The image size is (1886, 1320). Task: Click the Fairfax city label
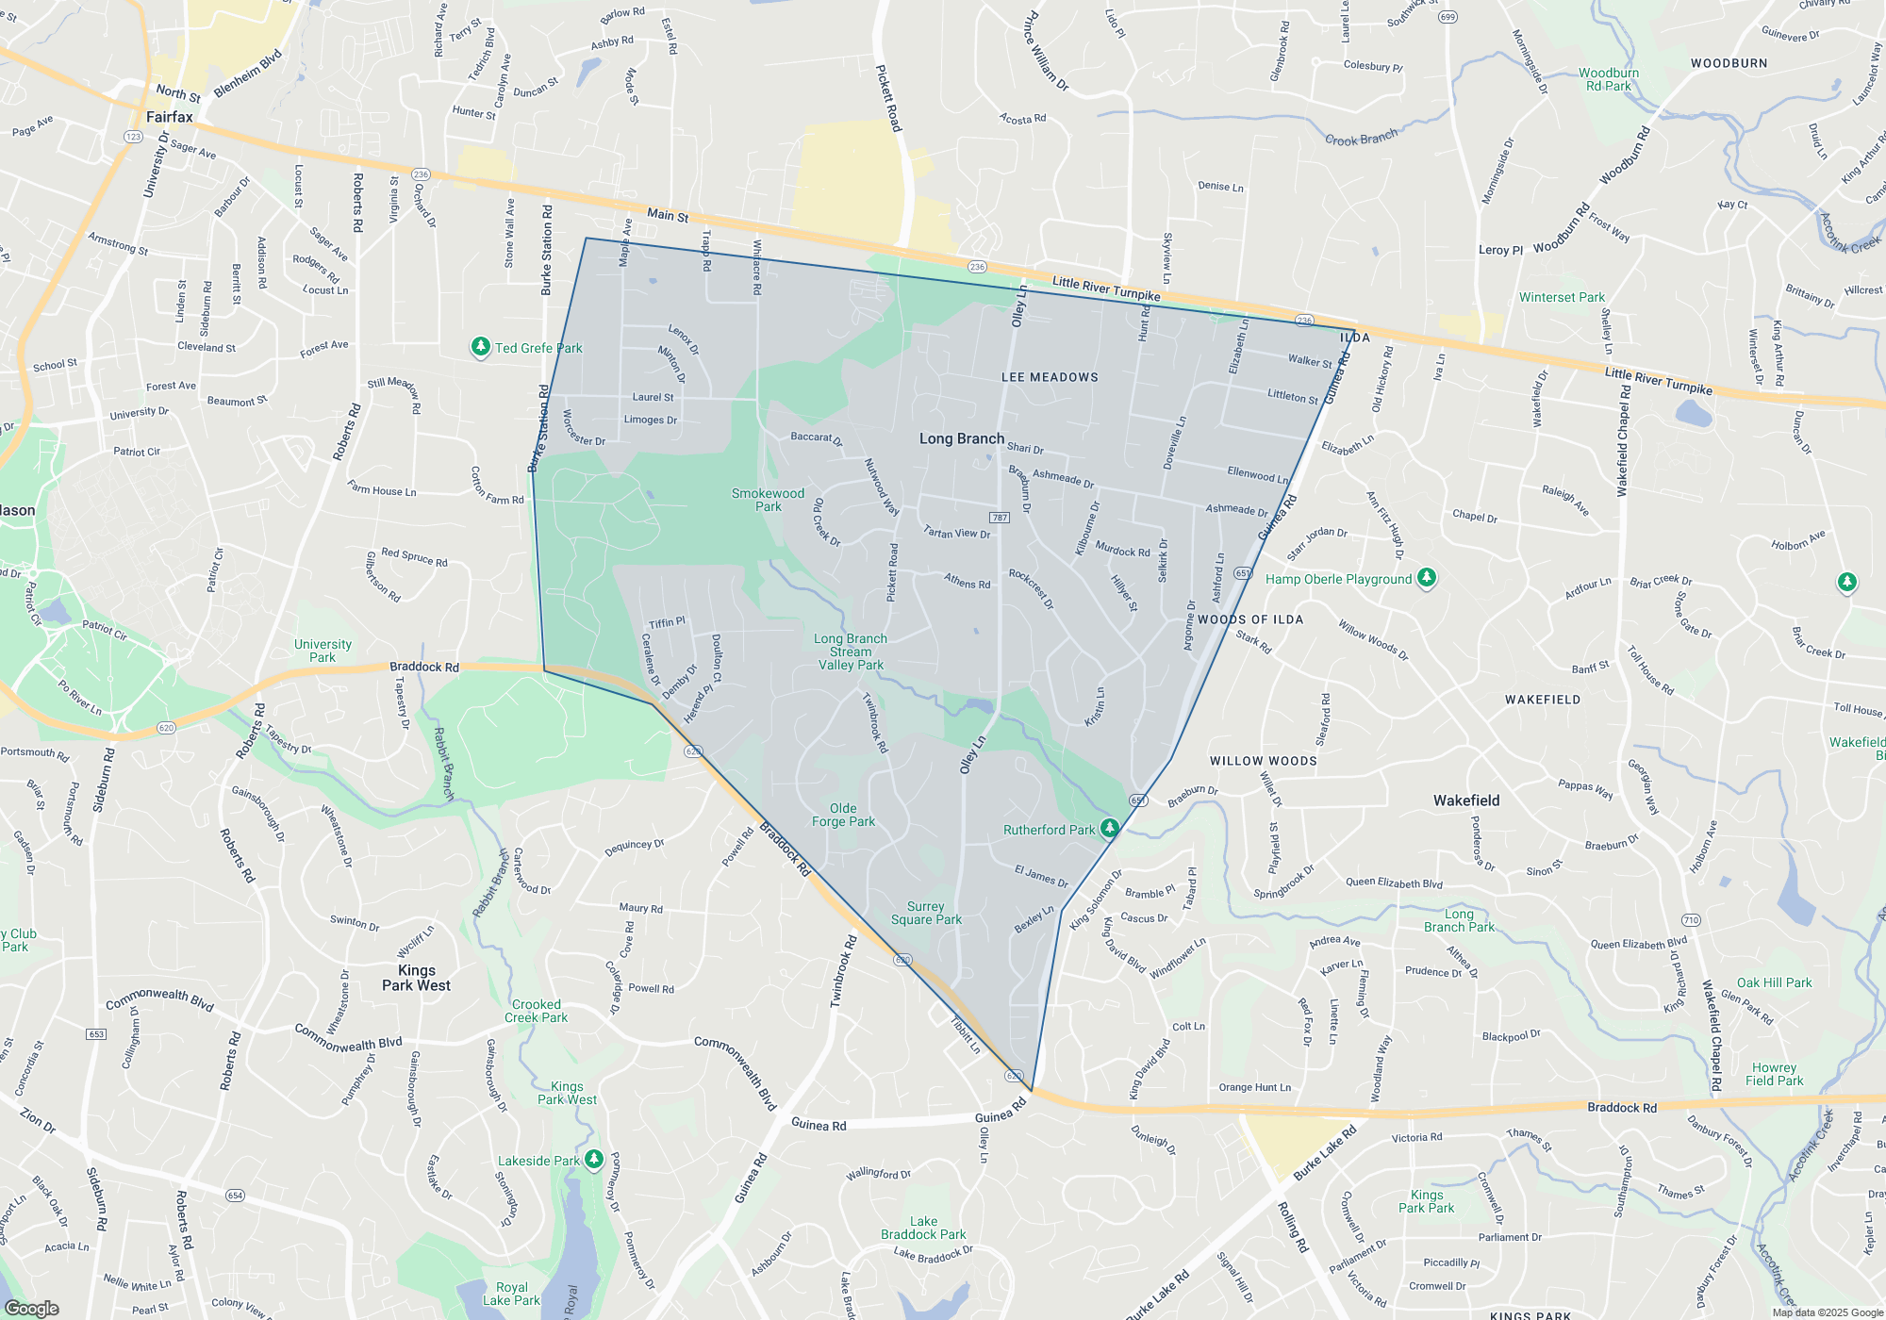click(x=170, y=117)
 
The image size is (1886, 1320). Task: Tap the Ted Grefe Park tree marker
click(x=481, y=348)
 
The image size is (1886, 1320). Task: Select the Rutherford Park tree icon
click(x=1110, y=829)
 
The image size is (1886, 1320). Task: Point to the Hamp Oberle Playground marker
click(x=1427, y=578)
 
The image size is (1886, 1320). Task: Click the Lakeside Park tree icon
click(x=594, y=1159)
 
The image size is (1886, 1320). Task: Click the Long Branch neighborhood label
click(x=962, y=438)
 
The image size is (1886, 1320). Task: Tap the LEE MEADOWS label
click(x=1050, y=377)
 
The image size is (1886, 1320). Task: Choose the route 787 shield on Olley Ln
click(x=1000, y=518)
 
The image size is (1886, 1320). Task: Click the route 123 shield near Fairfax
click(x=133, y=137)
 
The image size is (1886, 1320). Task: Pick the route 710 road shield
click(x=1691, y=920)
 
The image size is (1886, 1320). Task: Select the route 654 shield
click(x=235, y=1196)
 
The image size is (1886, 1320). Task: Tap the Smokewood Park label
click(x=768, y=500)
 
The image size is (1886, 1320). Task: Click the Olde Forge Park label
click(x=843, y=815)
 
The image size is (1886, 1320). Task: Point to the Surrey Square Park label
click(x=926, y=913)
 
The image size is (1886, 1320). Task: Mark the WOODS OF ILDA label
click(x=1250, y=619)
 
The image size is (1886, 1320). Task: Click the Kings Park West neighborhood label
click(x=417, y=978)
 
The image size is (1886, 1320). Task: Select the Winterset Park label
click(x=1562, y=297)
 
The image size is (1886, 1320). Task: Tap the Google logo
click(x=32, y=1308)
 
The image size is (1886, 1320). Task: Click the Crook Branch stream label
click(x=1361, y=139)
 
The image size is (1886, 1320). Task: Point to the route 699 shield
click(x=1448, y=17)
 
